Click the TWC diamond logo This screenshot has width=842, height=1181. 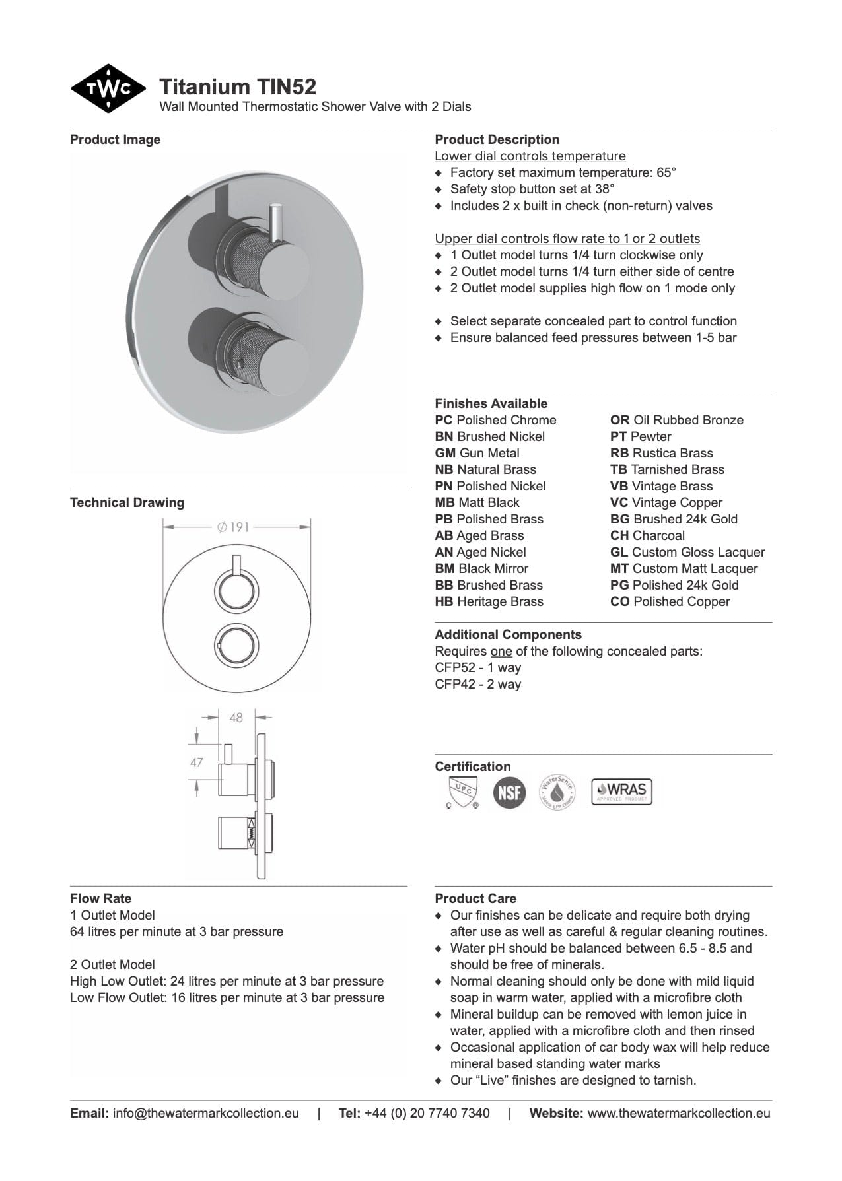108,88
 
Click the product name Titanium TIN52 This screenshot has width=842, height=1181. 238,86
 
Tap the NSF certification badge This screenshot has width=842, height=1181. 509,792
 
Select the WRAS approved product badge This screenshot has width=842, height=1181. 621,791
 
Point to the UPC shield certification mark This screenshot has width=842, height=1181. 462,792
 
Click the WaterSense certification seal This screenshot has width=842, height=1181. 557,792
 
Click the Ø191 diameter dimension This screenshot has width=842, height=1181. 233,527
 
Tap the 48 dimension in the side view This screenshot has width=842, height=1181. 236,717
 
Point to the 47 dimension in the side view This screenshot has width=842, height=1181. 196,762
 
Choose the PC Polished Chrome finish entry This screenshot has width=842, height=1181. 495,420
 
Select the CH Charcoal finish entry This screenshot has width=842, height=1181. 647,535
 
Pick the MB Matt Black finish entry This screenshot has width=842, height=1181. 477,502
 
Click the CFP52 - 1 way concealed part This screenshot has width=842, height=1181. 477,667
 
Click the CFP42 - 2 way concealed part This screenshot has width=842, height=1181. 477,684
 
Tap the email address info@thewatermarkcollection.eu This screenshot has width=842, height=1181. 205,1113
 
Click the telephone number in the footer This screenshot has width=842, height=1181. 427,1113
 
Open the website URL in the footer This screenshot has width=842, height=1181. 678,1113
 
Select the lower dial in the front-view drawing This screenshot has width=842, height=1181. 236,644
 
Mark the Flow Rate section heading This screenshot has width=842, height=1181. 100,898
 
